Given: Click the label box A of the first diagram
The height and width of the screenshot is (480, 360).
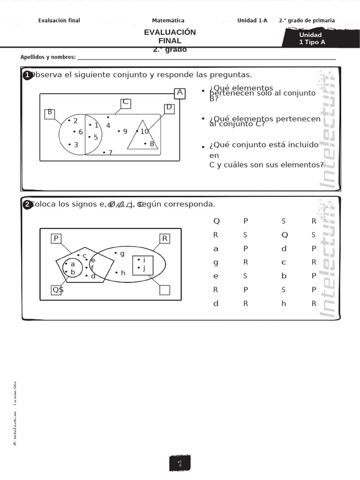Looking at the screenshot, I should (180, 93).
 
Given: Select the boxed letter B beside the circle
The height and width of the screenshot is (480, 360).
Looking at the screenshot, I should (50, 112).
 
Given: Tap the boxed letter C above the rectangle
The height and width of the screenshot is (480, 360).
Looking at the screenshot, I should (125, 103).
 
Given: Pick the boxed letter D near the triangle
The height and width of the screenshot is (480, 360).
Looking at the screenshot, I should (169, 108).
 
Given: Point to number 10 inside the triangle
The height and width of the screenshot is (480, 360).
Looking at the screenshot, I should (144, 131).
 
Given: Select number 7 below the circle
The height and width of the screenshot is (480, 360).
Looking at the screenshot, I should (110, 152).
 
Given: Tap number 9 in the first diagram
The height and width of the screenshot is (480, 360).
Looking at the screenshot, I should (125, 131).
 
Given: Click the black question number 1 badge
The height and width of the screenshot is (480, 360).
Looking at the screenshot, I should (27, 75).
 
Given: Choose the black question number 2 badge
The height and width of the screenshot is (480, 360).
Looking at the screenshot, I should (27, 204).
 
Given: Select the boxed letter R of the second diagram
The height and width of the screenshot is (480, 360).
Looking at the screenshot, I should (165, 239).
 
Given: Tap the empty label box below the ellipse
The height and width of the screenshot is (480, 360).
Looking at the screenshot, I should (165, 290).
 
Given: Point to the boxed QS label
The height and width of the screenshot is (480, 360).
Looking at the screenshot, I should (58, 290).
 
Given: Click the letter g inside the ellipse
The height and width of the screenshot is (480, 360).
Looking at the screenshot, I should (122, 254).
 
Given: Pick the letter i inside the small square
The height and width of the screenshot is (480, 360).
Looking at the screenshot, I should (144, 260).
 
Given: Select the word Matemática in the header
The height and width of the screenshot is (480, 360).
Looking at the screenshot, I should (168, 20).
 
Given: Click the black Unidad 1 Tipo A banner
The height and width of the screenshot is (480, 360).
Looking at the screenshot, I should (312, 38).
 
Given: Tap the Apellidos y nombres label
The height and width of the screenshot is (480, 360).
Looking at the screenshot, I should (48, 57).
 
